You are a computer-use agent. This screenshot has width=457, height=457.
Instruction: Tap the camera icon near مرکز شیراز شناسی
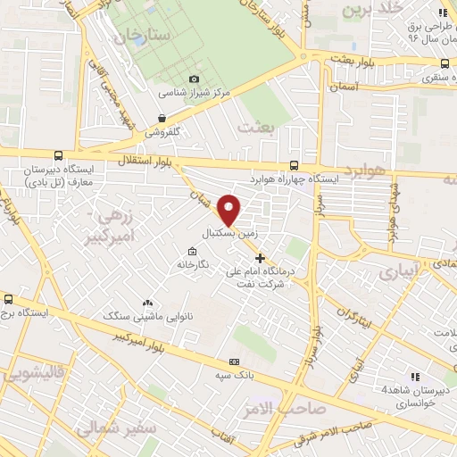[194, 79]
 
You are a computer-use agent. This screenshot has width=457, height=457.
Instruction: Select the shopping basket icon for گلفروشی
[161, 117]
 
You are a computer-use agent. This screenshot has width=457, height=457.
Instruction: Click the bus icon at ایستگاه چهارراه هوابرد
[295, 165]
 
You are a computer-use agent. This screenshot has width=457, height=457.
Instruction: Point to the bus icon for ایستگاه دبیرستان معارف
[58, 154]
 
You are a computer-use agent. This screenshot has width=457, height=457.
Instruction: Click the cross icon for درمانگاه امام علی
[260, 259]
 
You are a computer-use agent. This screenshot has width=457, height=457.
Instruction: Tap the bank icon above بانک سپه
[234, 362]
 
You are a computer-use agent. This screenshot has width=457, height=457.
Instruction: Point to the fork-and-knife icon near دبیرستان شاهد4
[415, 376]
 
